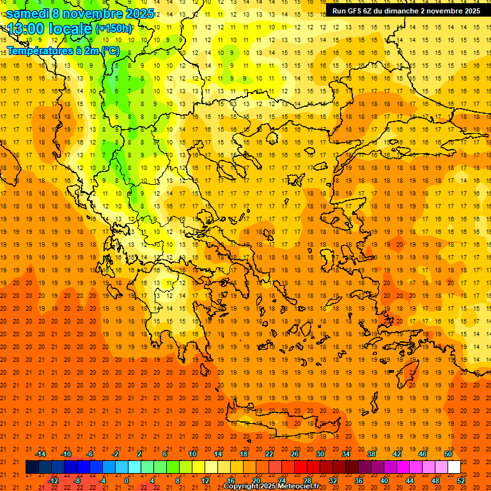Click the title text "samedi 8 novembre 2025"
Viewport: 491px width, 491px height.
coord(80,13)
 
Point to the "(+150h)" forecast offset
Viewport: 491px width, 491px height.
coord(114,28)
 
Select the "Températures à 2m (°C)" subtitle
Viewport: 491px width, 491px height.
coord(63,51)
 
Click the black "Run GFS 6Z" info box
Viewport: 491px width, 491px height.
coord(406,11)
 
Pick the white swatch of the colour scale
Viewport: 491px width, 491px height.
coord(454,467)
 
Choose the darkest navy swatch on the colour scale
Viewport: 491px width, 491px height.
coord(32,467)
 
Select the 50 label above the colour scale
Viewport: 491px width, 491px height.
coord(448,454)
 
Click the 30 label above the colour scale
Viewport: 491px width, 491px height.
coord(320,454)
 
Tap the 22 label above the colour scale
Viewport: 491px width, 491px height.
coord(269,454)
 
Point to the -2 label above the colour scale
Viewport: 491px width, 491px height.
coord(115,454)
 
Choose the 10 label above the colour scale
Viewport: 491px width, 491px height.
coord(192,454)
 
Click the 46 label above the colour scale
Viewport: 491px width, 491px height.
coord(423,454)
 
